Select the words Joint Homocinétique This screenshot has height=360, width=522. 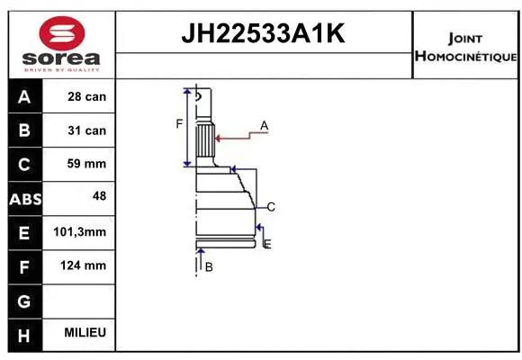coord(465,48)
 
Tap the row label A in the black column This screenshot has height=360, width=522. coord(23,96)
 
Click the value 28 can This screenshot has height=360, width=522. coord(86,96)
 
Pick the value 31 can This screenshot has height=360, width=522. coord(86,130)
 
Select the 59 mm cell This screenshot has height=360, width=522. coord(86,164)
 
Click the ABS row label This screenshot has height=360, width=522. coord(23,198)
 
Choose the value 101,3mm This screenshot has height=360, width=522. coord(86,232)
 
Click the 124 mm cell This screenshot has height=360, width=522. coord(86,265)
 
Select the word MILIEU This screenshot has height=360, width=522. coord(86,333)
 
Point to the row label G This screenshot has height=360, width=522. coord(23,300)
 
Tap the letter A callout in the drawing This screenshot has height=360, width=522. coord(264,125)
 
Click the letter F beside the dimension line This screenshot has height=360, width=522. coord(179,123)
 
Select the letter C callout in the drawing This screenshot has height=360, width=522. coord(270,207)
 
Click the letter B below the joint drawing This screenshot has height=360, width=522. coord(209,267)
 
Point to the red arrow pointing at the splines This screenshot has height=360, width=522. coord(236,138)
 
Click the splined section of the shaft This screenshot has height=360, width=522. coord(204,140)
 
